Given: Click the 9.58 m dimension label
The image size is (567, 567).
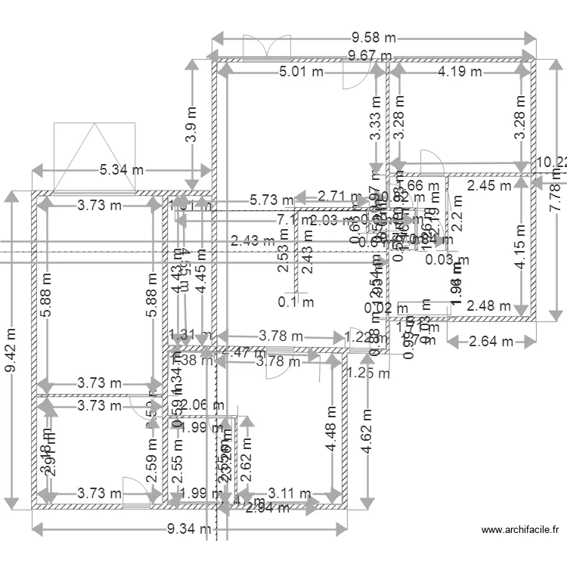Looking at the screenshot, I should (373, 37).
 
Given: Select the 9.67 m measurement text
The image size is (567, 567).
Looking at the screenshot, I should (370, 55).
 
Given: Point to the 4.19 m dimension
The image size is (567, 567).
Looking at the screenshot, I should (460, 72).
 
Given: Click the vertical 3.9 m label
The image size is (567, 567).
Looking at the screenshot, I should (194, 133).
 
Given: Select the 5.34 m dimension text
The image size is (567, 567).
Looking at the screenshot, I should (121, 170).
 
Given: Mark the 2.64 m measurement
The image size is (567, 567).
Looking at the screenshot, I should (491, 342).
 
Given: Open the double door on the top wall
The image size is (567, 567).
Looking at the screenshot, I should (266, 46).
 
